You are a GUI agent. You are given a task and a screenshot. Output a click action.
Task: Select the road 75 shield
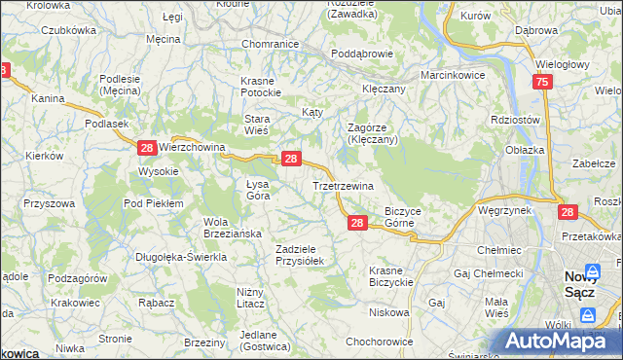pyautogui.click(x=542, y=84)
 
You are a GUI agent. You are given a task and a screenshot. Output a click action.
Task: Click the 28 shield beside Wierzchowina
pyautogui.click(x=146, y=148)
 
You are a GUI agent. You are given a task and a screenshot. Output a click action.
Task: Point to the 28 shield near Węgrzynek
pyautogui.click(x=568, y=211)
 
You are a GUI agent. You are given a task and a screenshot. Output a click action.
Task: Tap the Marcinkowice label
pyautogui.click(x=452, y=75)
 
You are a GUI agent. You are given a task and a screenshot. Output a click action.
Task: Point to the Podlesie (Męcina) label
pyautogui.click(x=121, y=86)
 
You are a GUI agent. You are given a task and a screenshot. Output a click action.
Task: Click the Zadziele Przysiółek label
pyautogui.click(x=305, y=254)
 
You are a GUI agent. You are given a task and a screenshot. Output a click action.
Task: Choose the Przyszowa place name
pyautogui.click(x=50, y=203)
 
